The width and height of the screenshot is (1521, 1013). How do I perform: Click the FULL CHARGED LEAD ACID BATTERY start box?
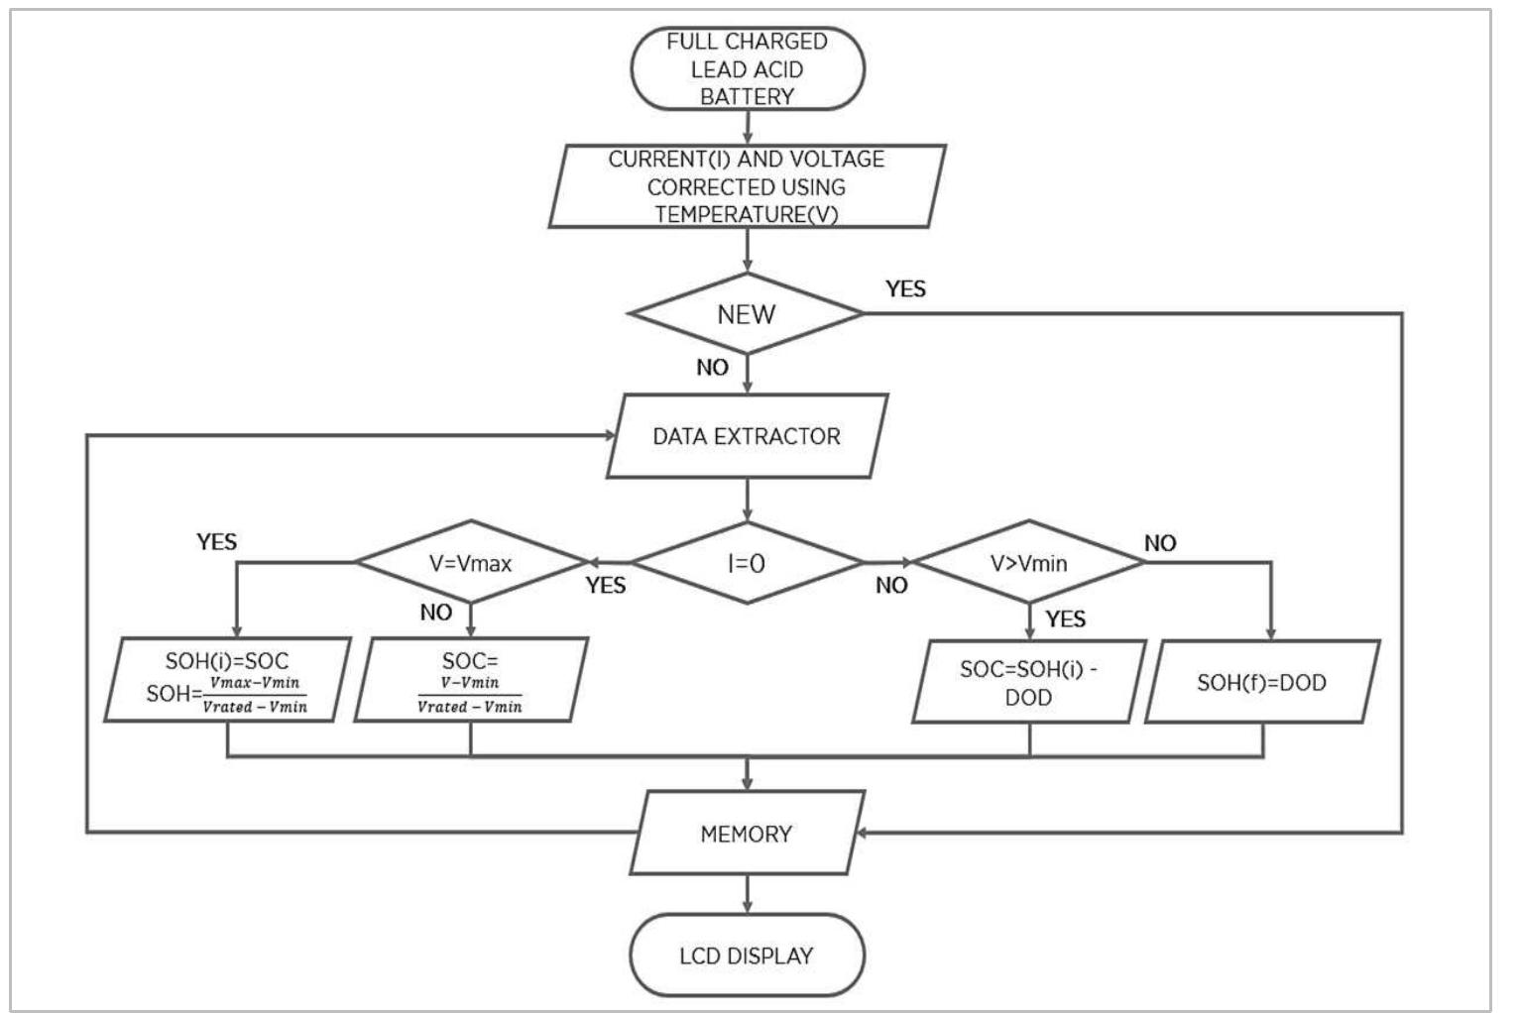point(747,68)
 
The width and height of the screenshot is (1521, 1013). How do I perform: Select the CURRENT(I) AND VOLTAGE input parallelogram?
point(747,186)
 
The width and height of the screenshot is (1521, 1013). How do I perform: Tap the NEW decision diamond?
point(747,314)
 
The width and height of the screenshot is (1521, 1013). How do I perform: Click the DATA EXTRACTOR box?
point(747,436)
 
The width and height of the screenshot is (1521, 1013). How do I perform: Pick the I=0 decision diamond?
point(747,563)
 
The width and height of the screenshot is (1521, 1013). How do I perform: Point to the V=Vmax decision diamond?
point(471,563)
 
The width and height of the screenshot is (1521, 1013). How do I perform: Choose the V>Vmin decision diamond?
point(1029,563)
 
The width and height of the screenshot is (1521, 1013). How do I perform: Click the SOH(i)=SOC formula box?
point(226,680)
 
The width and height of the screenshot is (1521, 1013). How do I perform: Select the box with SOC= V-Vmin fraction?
point(470,680)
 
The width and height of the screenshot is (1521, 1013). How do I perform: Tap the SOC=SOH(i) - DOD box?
point(1029,682)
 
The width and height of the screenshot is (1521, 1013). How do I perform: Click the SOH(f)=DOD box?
point(1261,682)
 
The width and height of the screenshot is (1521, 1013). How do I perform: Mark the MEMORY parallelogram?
point(747,834)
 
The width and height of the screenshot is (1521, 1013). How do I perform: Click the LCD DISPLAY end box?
point(747,956)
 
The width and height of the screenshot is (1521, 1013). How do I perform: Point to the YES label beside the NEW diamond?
point(905,288)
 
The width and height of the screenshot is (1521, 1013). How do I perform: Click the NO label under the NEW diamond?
point(712,368)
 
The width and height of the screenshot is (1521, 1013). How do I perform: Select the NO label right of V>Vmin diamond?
point(1160,543)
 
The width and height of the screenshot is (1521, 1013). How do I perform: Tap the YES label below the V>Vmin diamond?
point(1066,619)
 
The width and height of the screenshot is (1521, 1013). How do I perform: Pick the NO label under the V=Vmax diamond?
point(436,613)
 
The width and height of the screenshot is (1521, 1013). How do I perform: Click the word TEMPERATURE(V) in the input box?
point(747,214)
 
